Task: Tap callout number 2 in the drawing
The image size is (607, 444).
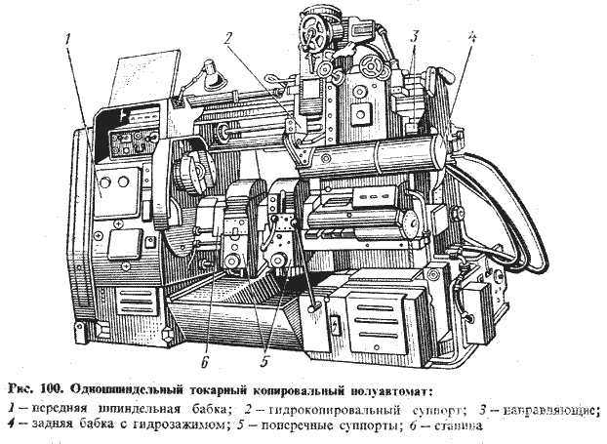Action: (225, 40)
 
